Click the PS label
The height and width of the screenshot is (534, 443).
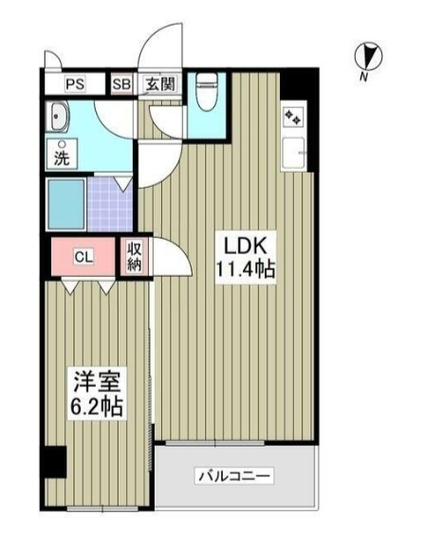[x=75, y=83]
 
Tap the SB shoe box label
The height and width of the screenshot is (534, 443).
[x=121, y=83]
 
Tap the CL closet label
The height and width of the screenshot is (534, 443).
[x=83, y=257]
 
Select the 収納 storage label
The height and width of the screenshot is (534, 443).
[x=133, y=257]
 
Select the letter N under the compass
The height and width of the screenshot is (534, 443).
[x=363, y=78]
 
